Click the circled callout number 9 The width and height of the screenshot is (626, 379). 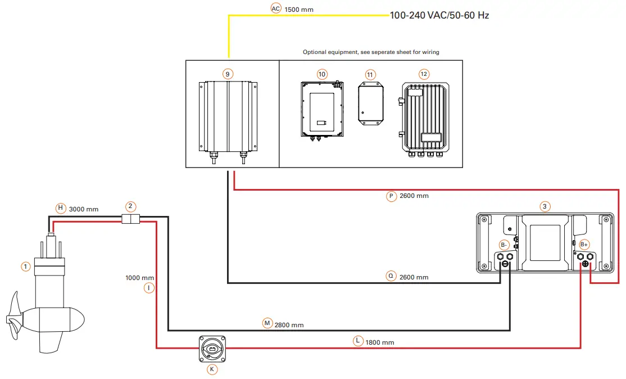[228, 74]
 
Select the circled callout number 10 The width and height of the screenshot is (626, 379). [322, 74]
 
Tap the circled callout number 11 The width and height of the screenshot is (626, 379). [369, 74]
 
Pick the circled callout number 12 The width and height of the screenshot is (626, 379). [424, 74]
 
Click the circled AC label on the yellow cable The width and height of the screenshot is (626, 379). [275, 8]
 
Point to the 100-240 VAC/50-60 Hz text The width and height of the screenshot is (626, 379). [439, 15]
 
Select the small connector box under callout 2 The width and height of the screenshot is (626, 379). [130, 219]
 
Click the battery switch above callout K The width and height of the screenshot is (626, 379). [213, 349]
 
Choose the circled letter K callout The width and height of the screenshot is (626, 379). [212, 369]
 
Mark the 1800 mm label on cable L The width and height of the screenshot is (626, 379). [379, 342]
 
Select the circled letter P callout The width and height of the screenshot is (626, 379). [392, 196]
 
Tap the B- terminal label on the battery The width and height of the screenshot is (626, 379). [504, 245]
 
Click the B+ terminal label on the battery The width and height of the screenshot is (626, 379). [584, 245]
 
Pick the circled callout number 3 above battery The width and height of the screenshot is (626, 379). [544, 206]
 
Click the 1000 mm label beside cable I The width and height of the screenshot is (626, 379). [140, 278]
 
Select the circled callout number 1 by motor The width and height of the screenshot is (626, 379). [25, 266]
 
